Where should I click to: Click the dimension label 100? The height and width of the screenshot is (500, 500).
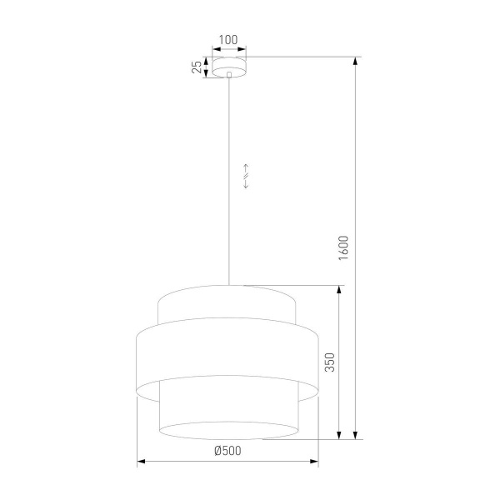(x=228, y=39)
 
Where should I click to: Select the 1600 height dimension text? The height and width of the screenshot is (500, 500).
(x=344, y=247)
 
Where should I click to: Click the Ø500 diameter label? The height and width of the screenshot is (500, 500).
(x=227, y=451)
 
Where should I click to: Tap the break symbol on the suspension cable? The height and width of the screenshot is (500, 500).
(x=246, y=175)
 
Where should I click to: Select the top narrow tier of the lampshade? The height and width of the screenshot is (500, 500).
(x=227, y=305)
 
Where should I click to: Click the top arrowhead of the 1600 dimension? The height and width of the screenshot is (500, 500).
(x=356, y=61)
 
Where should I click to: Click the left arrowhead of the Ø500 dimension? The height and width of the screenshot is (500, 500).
(x=141, y=461)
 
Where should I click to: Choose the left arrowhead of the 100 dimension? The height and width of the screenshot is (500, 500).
(x=213, y=48)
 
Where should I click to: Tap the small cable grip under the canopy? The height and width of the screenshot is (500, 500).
(x=228, y=77)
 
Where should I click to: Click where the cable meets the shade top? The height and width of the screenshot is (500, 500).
(x=228, y=285)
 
